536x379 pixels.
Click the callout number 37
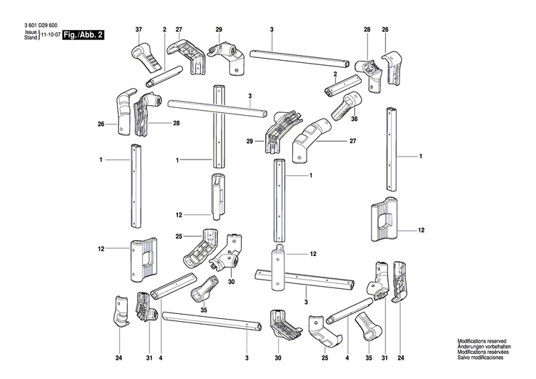pyautogui.click(x=139, y=29)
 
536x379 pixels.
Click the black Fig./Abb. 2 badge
pyautogui.click(x=83, y=34)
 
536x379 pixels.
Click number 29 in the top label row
pyautogui.click(x=219, y=29)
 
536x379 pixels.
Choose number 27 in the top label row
pyautogui.click(x=179, y=29)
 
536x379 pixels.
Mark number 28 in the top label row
pyautogui.click(x=367, y=29)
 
